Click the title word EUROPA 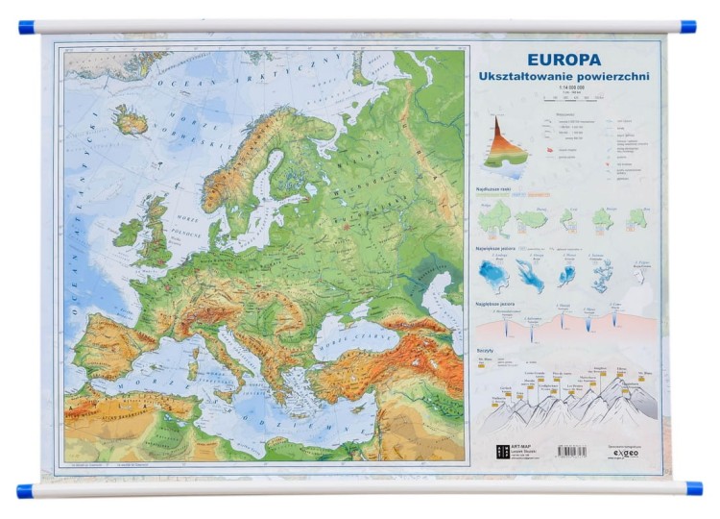tap(564, 60)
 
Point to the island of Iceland tap(131, 120)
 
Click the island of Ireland tap(126, 232)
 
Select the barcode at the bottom tap(571, 451)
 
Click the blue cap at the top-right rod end tap(687, 26)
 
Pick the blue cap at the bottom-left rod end tap(26, 491)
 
